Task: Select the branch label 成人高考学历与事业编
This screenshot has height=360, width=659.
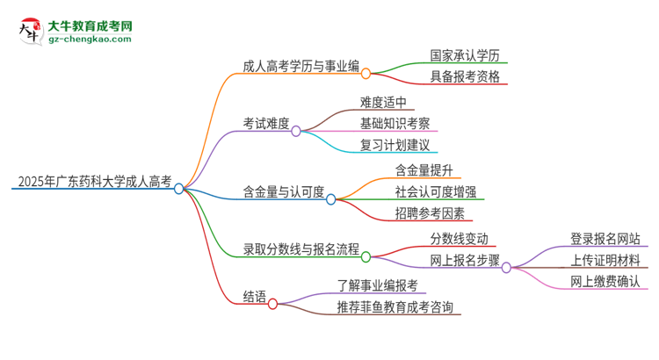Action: pos(300,65)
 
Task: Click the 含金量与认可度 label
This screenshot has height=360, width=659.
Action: pos(284,191)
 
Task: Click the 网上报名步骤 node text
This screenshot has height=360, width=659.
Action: pos(463,261)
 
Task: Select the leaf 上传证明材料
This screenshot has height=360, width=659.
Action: pos(605,260)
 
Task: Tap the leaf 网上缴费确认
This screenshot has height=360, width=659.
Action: pos(605,283)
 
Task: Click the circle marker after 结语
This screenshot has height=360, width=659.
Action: pos(272,304)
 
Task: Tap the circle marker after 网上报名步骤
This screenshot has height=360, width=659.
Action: pos(506,268)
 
